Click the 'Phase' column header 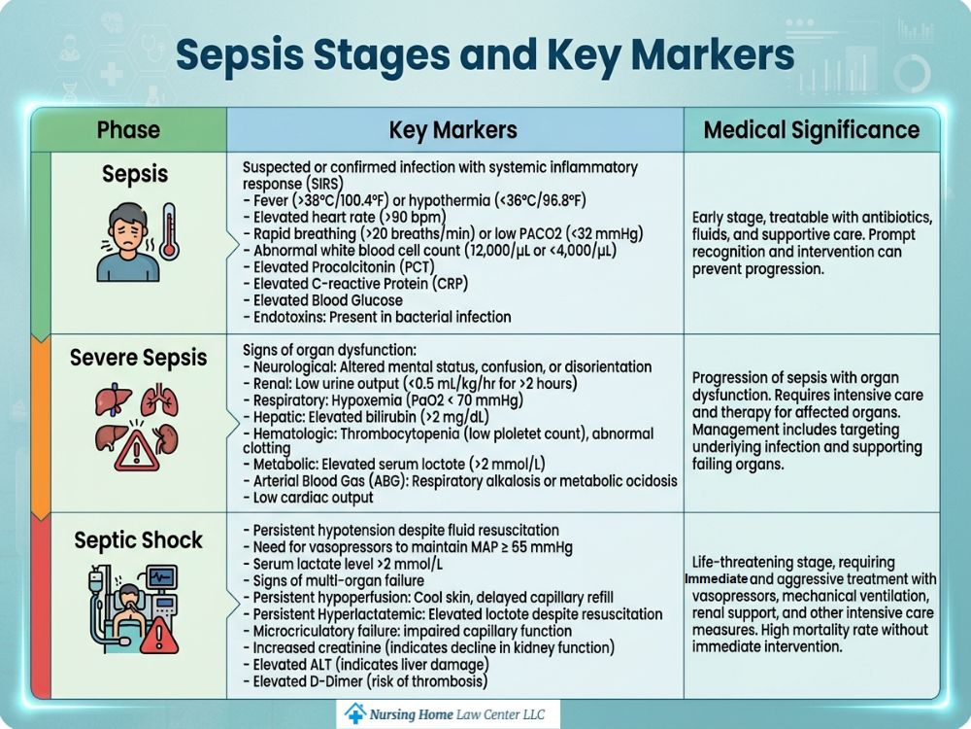[128, 130]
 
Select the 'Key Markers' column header [452, 130]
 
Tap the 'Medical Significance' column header [811, 130]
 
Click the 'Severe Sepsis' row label [138, 358]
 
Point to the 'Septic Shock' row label [138, 540]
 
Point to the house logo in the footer [355, 713]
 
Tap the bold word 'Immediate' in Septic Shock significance [717, 579]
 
